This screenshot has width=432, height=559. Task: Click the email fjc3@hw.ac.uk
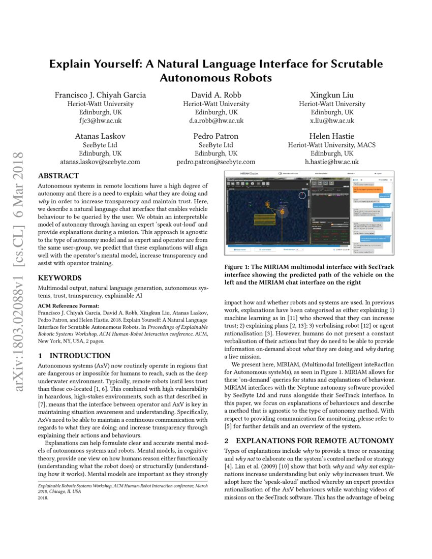coord(100,121)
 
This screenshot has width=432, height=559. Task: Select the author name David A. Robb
coord(216,95)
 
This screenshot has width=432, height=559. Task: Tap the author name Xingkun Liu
coord(332,95)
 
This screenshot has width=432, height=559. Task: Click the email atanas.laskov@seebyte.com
coord(100,162)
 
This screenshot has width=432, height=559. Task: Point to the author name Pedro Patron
coord(216,136)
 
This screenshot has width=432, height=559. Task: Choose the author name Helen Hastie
coord(332,136)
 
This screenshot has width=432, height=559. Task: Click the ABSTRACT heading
coord(58,176)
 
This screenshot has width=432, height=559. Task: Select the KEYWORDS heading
coord(60,278)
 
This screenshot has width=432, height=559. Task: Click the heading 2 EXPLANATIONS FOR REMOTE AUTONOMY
coord(309,440)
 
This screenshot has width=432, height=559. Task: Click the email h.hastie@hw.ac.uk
coord(332,162)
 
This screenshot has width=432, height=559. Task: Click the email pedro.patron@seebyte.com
coord(216,162)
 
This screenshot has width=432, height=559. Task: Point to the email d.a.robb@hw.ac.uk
coord(216,121)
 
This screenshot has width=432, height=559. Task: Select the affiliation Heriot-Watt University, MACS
coord(332,145)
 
